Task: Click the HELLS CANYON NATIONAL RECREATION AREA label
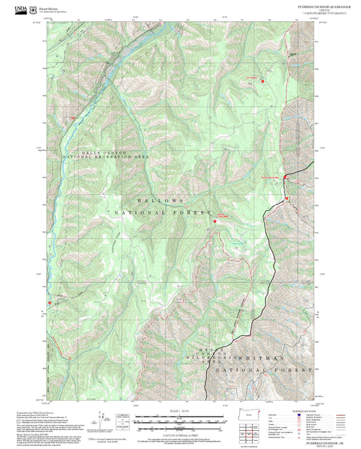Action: [114, 155]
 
